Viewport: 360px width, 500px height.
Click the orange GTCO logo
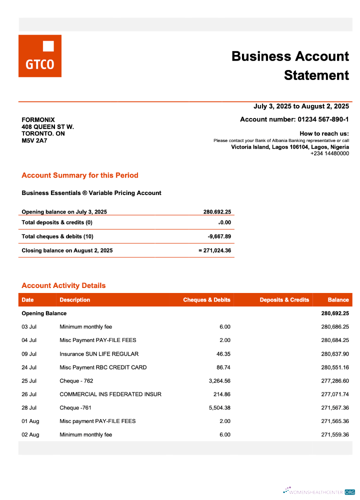click(40, 56)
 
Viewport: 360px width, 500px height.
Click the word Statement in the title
click(316, 75)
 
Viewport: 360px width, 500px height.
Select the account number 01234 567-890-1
click(323, 119)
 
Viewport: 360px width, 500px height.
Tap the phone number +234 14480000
click(329, 153)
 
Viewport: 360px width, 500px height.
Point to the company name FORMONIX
click(38, 120)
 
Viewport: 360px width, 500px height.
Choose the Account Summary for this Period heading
click(80, 175)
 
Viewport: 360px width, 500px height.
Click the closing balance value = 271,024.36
click(214, 250)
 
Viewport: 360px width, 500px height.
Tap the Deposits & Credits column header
click(284, 300)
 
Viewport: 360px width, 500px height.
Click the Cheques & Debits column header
click(206, 300)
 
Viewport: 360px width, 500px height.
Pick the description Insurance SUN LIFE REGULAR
click(99, 354)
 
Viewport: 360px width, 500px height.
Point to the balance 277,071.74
click(334, 394)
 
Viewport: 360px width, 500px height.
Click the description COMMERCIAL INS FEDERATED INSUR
click(110, 394)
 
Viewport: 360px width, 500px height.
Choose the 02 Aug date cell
click(30, 435)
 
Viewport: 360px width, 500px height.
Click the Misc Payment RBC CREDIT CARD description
click(103, 367)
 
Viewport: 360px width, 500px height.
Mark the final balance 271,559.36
click(334, 435)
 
